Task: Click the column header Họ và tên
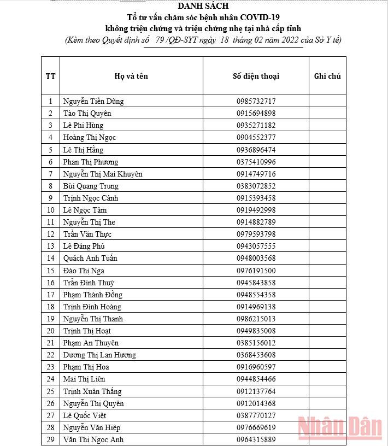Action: tap(131, 76)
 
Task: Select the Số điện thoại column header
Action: tap(256, 76)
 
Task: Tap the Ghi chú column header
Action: tap(327, 76)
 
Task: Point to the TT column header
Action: tap(51, 76)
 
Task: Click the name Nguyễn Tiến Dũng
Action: tap(93, 101)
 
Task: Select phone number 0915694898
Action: tap(256, 113)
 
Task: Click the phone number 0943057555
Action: tap(256, 246)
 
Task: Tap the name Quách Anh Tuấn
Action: tap(90, 258)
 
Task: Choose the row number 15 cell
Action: tap(51, 271)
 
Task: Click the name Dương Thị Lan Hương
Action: tap(99, 355)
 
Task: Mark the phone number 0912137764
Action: tap(256, 391)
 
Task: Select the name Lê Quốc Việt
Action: tap(85, 415)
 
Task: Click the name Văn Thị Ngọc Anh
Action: tap(93, 439)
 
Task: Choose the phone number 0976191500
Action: tap(256, 271)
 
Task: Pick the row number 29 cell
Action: tap(51, 439)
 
